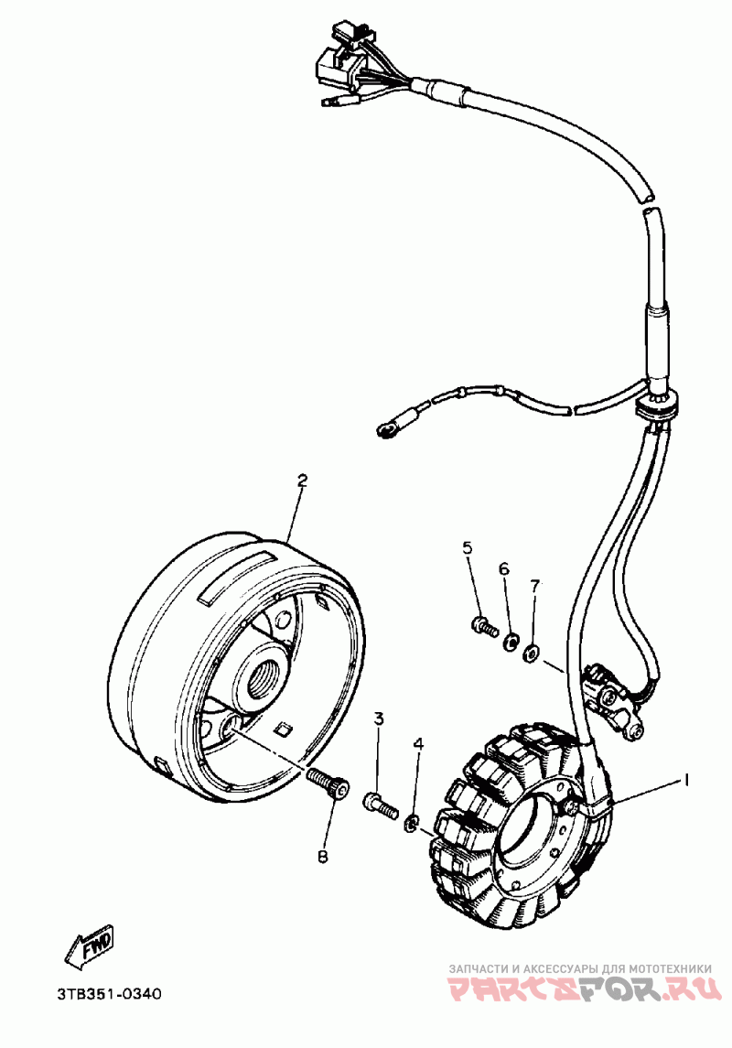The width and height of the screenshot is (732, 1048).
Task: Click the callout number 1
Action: coord(684,780)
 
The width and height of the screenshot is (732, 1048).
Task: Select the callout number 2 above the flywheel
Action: coord(301,480)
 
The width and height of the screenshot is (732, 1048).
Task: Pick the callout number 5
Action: coord(467,548)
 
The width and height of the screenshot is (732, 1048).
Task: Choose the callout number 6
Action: coord(503,568)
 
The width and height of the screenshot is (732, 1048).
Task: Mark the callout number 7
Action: coord(535,585)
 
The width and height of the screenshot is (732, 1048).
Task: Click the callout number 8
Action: coord(322,857)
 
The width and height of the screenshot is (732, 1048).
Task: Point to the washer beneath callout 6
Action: coord(511,637)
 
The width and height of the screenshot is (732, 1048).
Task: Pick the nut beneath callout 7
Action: coord(530,652)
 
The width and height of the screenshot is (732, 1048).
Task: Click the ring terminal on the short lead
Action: coord(384,428)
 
